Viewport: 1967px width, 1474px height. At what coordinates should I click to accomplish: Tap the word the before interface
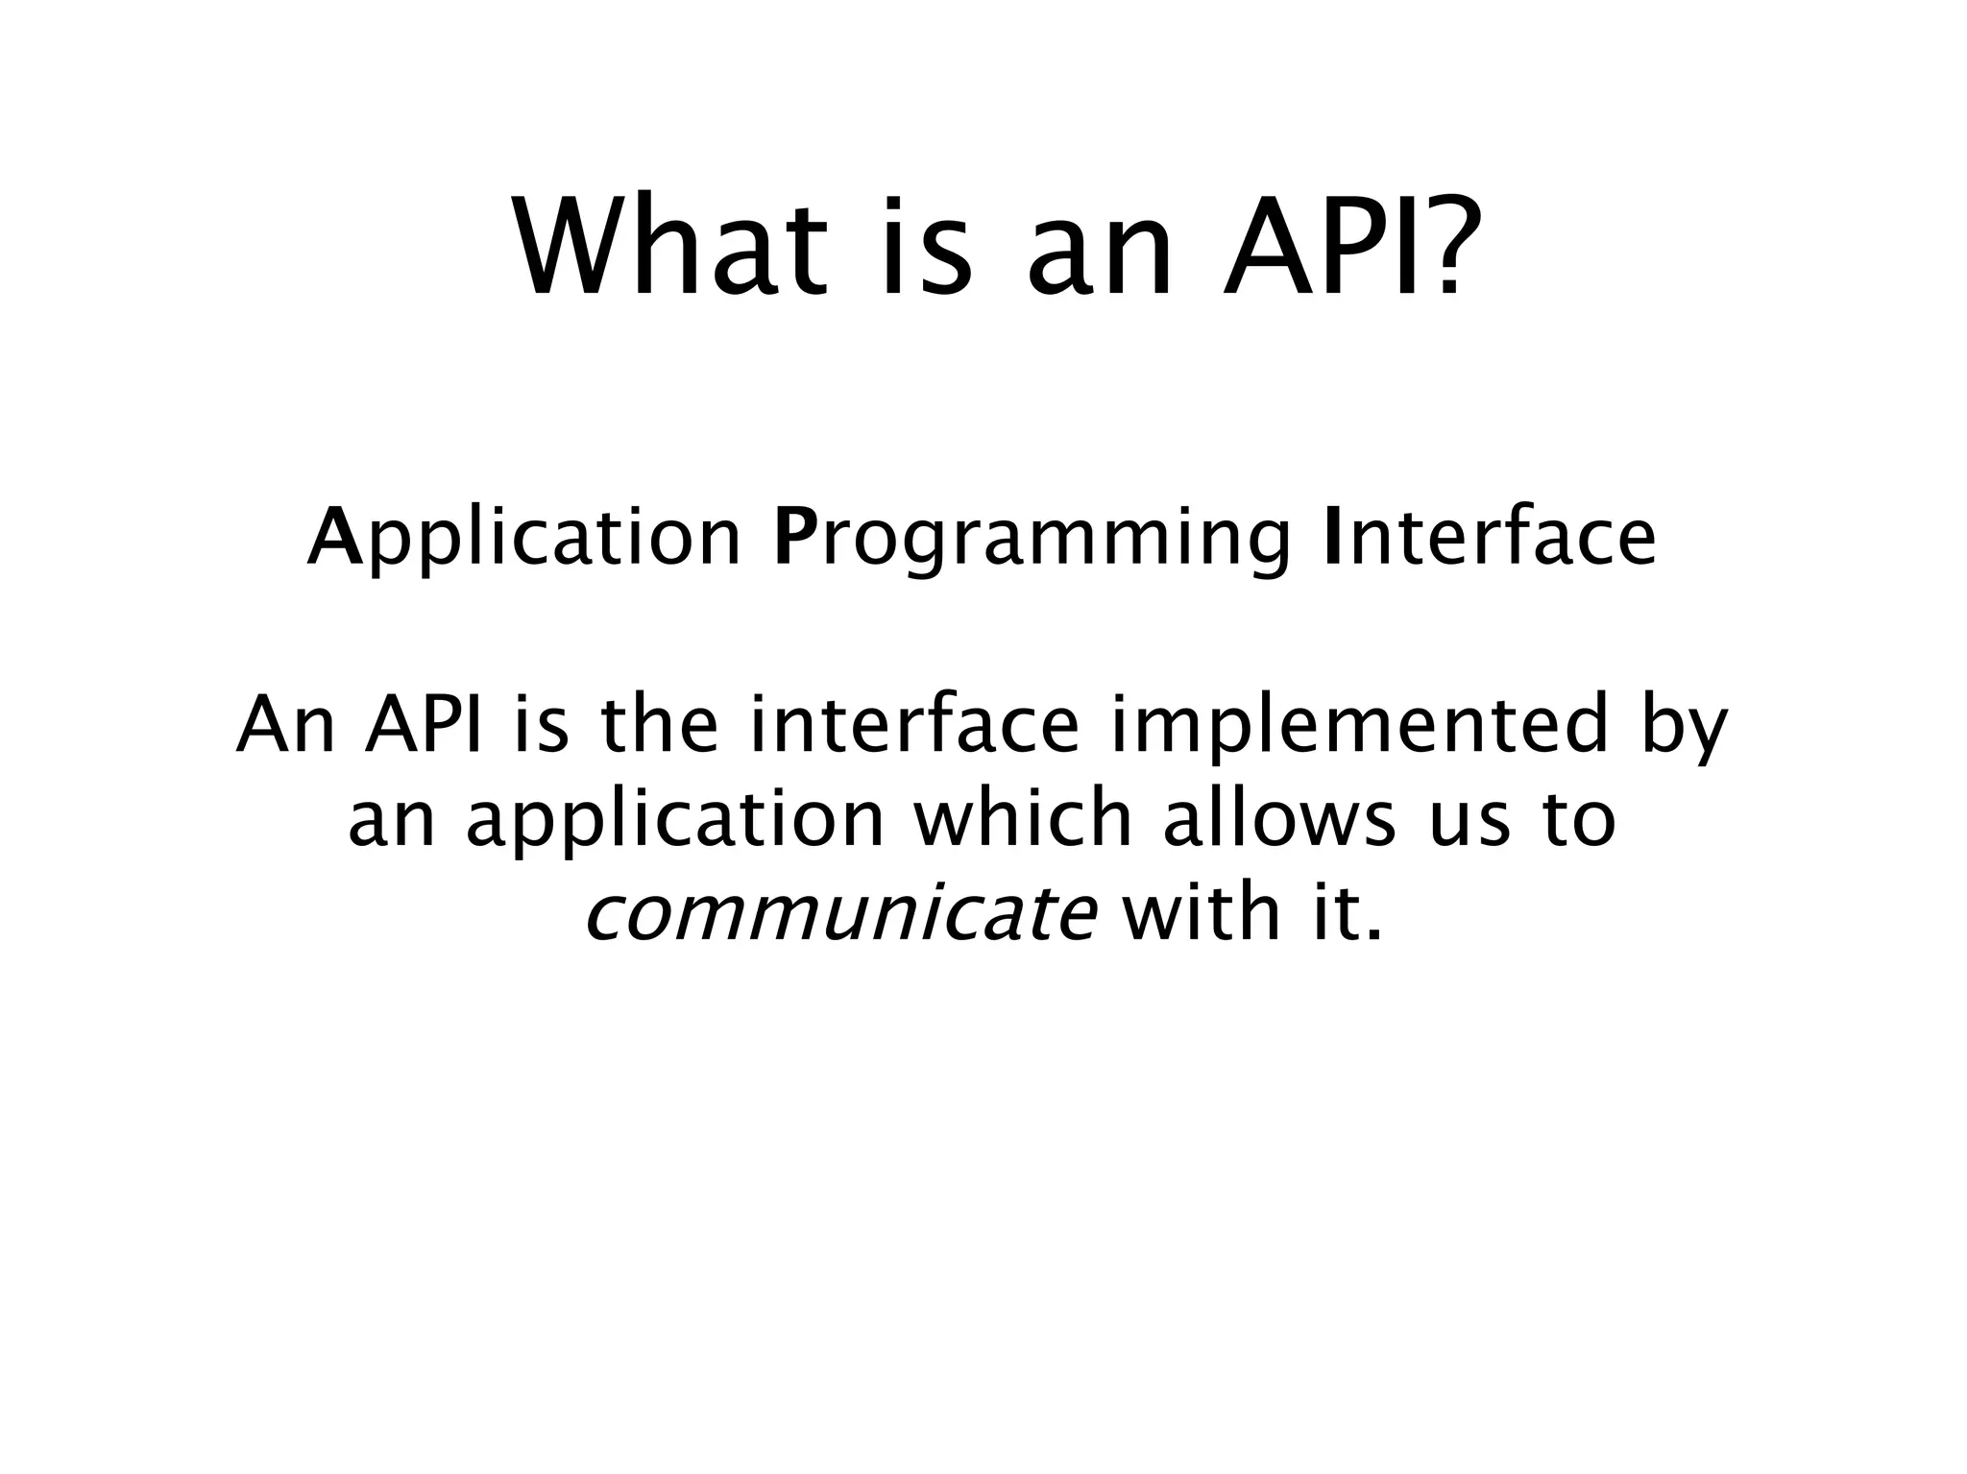click(x=659, y=726)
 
